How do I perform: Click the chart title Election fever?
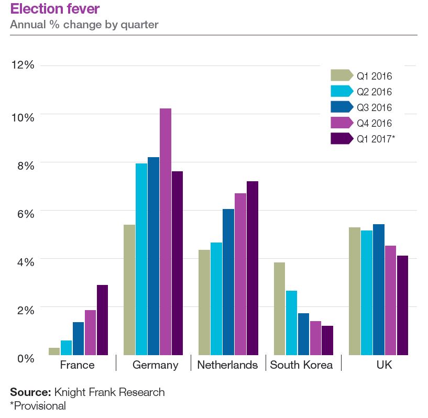(x=54, y=9)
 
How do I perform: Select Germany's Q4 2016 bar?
(x=165, y=230)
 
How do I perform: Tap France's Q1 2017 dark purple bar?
(x=102, y=320)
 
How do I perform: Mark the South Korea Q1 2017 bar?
(x=327, y=340)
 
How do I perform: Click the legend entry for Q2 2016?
(x=374, y=92)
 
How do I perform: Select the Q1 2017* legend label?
(x=376, y=139)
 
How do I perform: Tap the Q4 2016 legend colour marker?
(x=342, y=123)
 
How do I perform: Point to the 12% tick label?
(x=23, y=65)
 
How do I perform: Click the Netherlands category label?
(x=227, y=365)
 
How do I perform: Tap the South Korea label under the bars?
(x=301, y=365)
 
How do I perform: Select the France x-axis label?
(x=78, y=365)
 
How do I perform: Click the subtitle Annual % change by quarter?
(x=84, y=25)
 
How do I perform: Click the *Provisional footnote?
(x=38, y=405)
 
